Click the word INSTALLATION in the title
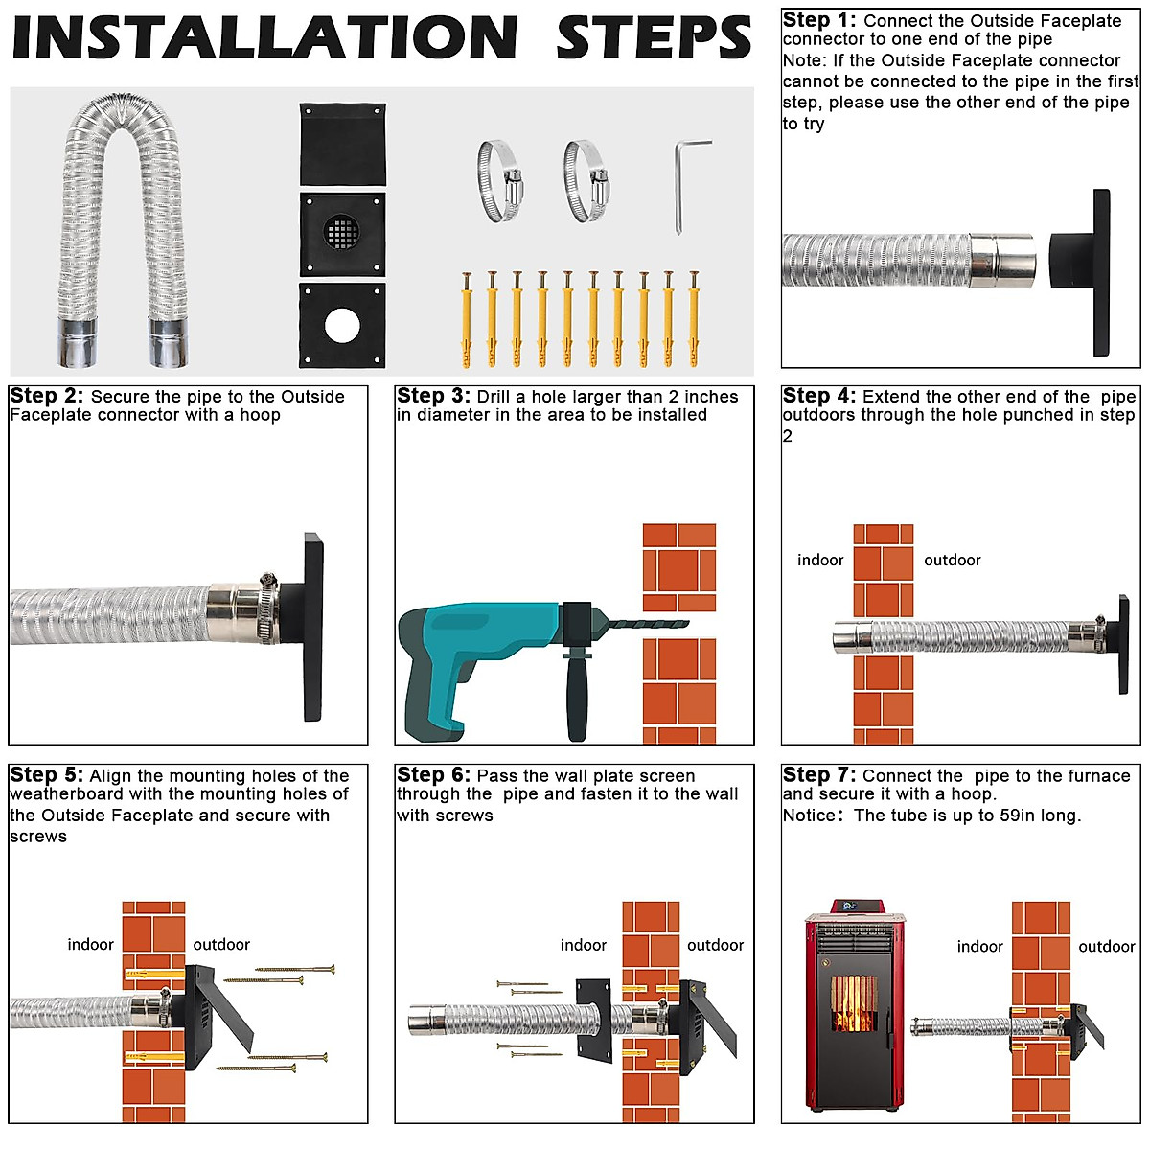coord(264,37)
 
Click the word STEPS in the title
coord(654,37)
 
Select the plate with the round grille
coord(342,234)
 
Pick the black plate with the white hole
coord(342,325)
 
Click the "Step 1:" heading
coord(818,20)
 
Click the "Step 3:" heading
coord(433,396)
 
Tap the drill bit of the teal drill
coord(648,625)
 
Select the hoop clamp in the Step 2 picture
coord(268,608)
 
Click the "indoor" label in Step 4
coord(820,560)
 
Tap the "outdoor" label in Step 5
coord(221,944)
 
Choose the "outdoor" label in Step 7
coord(1107,946)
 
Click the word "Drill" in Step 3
coord(493,396)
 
